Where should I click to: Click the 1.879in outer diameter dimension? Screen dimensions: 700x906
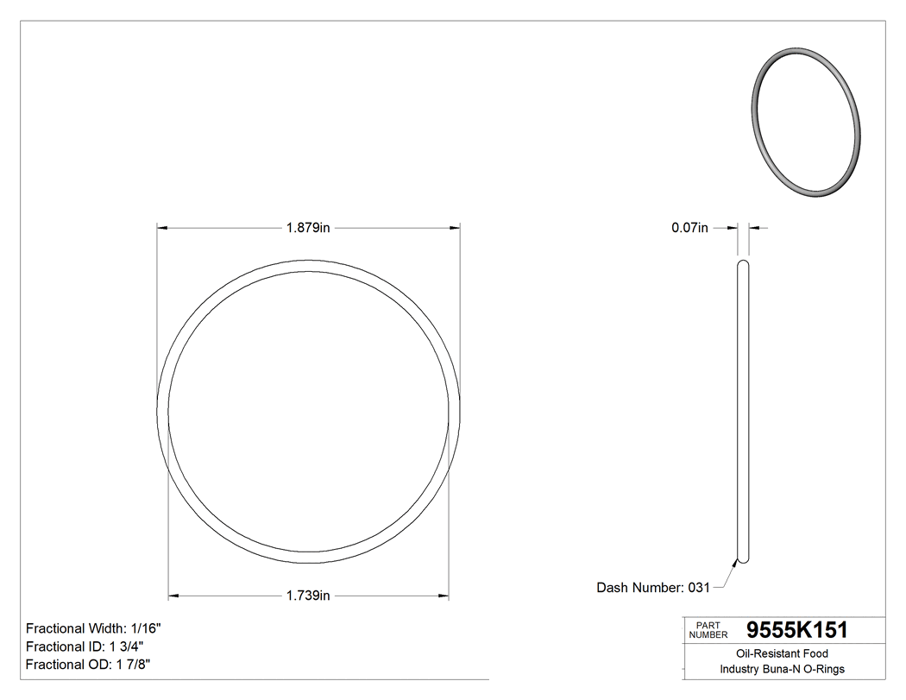[x=308, y=228]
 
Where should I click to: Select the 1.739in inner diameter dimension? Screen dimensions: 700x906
[x=308, y=596]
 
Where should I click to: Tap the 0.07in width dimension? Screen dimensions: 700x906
[x=689, y=228]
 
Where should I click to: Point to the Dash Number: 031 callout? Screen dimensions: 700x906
[x=652, y=588]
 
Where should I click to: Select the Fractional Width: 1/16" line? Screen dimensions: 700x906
[x=93, y=628]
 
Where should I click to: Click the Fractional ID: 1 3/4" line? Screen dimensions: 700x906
[x=85, y=646]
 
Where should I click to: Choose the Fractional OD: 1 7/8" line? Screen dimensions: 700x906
[x=89, y=665]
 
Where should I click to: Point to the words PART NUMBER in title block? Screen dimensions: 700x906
[x=708, y=630]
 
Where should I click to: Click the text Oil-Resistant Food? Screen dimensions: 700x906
[x=782, y=654]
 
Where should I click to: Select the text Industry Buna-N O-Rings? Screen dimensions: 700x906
[x=782, y=670]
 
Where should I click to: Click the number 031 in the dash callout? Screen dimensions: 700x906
[x=698, y=588]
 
